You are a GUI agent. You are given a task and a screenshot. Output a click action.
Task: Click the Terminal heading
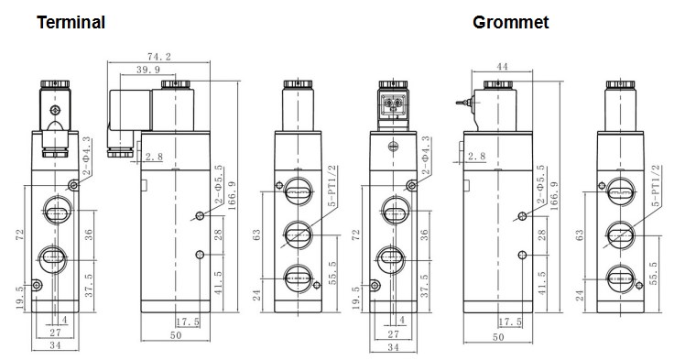[x=71, y=22]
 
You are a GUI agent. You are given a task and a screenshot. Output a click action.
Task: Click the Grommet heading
[x=510, y=22]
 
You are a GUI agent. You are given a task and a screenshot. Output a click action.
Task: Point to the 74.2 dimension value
[x=159, y=57]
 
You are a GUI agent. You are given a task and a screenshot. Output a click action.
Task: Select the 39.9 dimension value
[x=148, y=70]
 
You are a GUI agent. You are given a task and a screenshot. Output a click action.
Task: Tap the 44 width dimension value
[x=503, y=66]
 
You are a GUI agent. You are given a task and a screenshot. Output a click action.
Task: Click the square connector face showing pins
[x=393, y=104]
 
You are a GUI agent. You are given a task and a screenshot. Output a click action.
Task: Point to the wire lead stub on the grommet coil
[x=463, y=104]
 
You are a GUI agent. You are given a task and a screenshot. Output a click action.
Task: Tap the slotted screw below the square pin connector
[x=393, y=147]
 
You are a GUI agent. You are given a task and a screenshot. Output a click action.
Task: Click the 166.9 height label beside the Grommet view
[x=554, y=196]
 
